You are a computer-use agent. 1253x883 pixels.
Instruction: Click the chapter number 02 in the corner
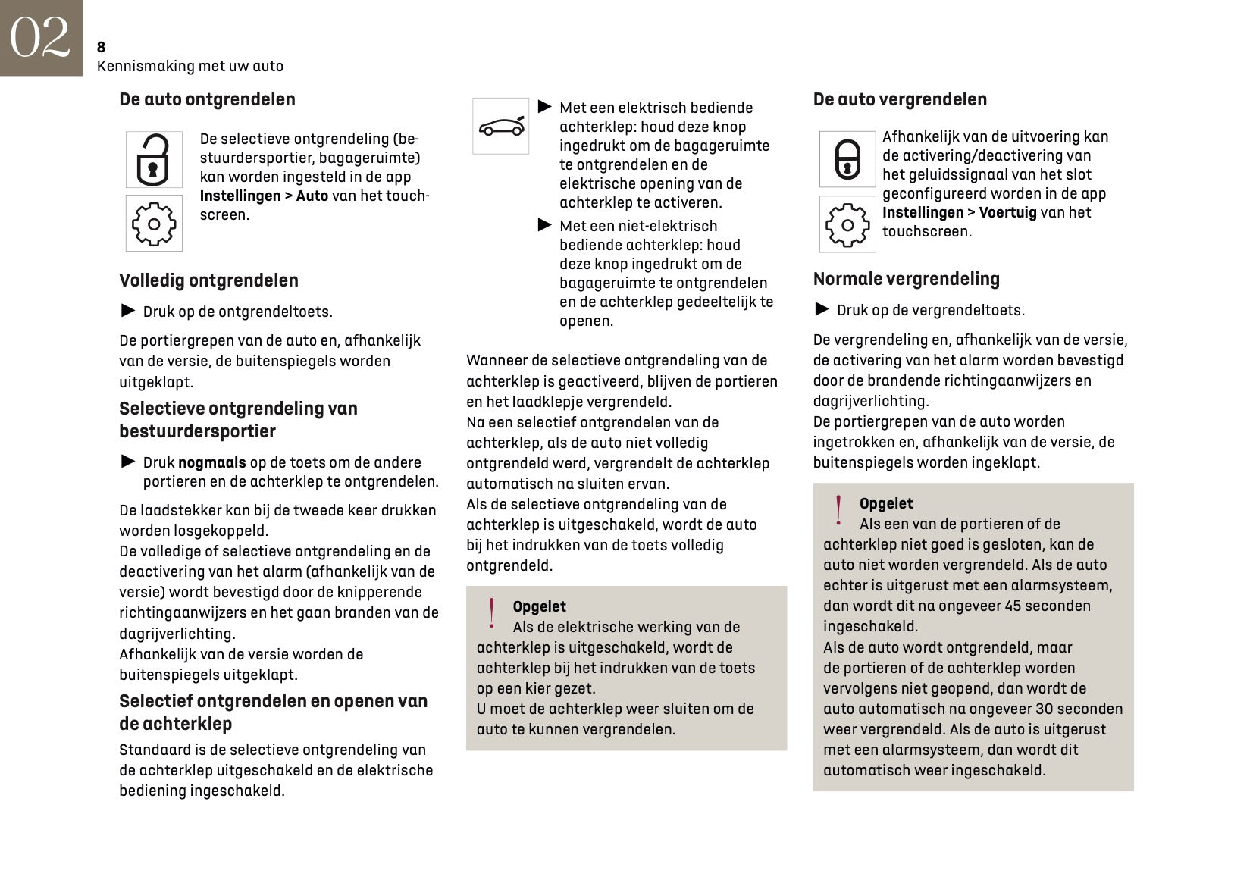tap(40, 37)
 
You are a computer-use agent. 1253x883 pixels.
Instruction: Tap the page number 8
tap(101, 47)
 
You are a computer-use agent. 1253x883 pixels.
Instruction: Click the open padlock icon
tap(154, 159)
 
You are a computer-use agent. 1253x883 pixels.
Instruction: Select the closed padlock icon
tap(847, 159)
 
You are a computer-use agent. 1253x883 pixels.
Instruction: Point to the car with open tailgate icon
tap(501, 126)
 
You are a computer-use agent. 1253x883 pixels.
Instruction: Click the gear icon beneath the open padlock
tap(154, 224)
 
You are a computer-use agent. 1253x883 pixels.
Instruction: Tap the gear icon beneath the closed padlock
tap(847, 224)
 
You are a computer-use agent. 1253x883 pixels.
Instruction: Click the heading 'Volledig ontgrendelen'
tap(208, 280)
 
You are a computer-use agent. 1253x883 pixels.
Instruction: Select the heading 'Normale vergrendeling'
tap(906, 279)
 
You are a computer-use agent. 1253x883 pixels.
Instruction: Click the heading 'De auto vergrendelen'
tap(900, 99)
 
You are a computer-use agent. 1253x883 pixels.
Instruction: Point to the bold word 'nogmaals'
tap(211, 462)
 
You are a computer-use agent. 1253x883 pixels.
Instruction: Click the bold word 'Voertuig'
tap(1007, 212)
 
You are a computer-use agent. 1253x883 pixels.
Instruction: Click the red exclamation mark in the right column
tap(838, 511)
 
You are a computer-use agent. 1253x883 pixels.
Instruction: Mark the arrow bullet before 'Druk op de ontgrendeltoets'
tap(128, 311)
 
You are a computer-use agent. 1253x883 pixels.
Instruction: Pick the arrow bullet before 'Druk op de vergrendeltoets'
tap(822, 309)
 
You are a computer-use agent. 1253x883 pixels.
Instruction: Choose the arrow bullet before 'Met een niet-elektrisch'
tap(545, 225)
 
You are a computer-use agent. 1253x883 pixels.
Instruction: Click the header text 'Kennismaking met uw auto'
tap(190, 66)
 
